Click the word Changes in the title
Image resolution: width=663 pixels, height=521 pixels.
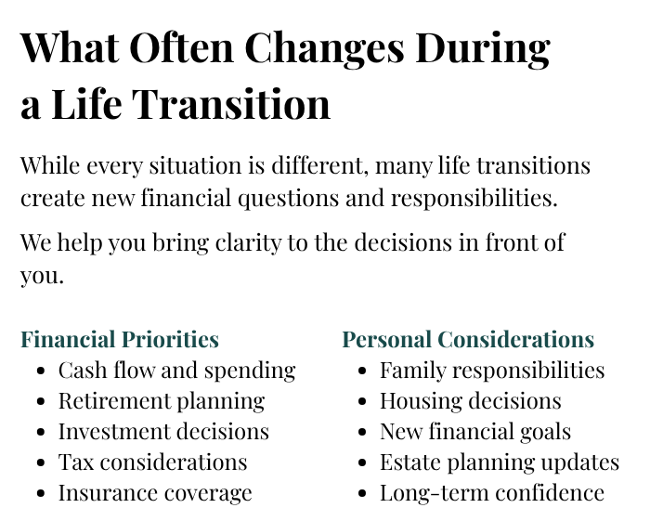(x=324, y=49)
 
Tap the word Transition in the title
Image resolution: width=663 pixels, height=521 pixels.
(x=231, y=104)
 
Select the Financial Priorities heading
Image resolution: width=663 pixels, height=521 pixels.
(x=120, y=340)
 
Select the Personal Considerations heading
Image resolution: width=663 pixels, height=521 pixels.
(x=468, y=340)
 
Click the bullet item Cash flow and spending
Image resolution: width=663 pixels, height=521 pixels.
(x=176, y=371)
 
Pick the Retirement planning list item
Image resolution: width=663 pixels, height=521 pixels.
(x=162, y=401)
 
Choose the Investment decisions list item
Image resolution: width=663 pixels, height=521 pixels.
(x=163, y=432)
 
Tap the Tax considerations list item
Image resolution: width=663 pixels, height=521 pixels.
(x=152, y=462)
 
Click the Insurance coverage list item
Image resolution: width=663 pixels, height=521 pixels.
(x=155, y=493)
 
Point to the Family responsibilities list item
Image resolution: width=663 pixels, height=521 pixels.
(x=492, y=371)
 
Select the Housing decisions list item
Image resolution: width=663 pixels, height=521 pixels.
(x=471, y=401)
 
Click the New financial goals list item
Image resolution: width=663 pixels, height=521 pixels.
(x=475, y=432)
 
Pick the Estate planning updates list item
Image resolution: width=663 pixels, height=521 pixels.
(x=500, y=462)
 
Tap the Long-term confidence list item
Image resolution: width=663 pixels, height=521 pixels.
(x=492, y=493)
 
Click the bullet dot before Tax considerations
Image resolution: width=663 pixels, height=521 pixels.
(x=41, y=462)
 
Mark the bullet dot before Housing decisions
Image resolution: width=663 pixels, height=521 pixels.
(x=362, y=401)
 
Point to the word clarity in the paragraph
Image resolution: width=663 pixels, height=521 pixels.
(x=248, y=243)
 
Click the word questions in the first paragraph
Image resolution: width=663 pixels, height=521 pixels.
(x=289, y=199)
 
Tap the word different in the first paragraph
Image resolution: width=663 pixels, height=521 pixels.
(x=318, y=165)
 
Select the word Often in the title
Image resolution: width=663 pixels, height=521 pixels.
(x=181, y=47)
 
